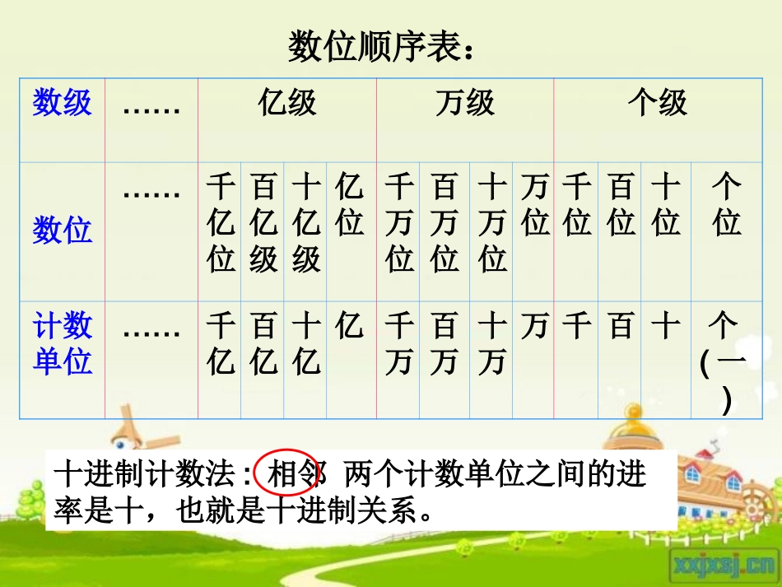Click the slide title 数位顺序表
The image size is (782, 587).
click(x=381, y=47)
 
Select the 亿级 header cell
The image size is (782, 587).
click(x=286, y=104)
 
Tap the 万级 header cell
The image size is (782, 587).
click(x=465, y=104)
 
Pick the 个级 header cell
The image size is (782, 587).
click(x=657, y=104)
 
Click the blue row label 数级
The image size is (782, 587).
click(x=62, y=104)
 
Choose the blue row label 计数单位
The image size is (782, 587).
click(x=62, y=344)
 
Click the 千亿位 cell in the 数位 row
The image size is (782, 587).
click(x=221, y=223)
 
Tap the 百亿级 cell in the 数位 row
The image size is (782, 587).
click(x=263, y=223)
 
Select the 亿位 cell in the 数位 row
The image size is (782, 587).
click(x=349, y=206)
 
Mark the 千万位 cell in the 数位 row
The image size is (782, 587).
click(x=399, y=223)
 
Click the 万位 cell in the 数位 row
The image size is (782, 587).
click(x=535, y=206)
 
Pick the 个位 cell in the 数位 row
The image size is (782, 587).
click(x=727, y=206)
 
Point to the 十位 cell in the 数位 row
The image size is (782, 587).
click(x=666, y=206)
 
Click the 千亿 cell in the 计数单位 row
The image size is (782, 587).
click(x=221, y=344)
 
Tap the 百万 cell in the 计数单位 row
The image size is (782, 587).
click(x=444, y=344)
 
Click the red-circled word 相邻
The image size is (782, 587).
click(x=289, y=474)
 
